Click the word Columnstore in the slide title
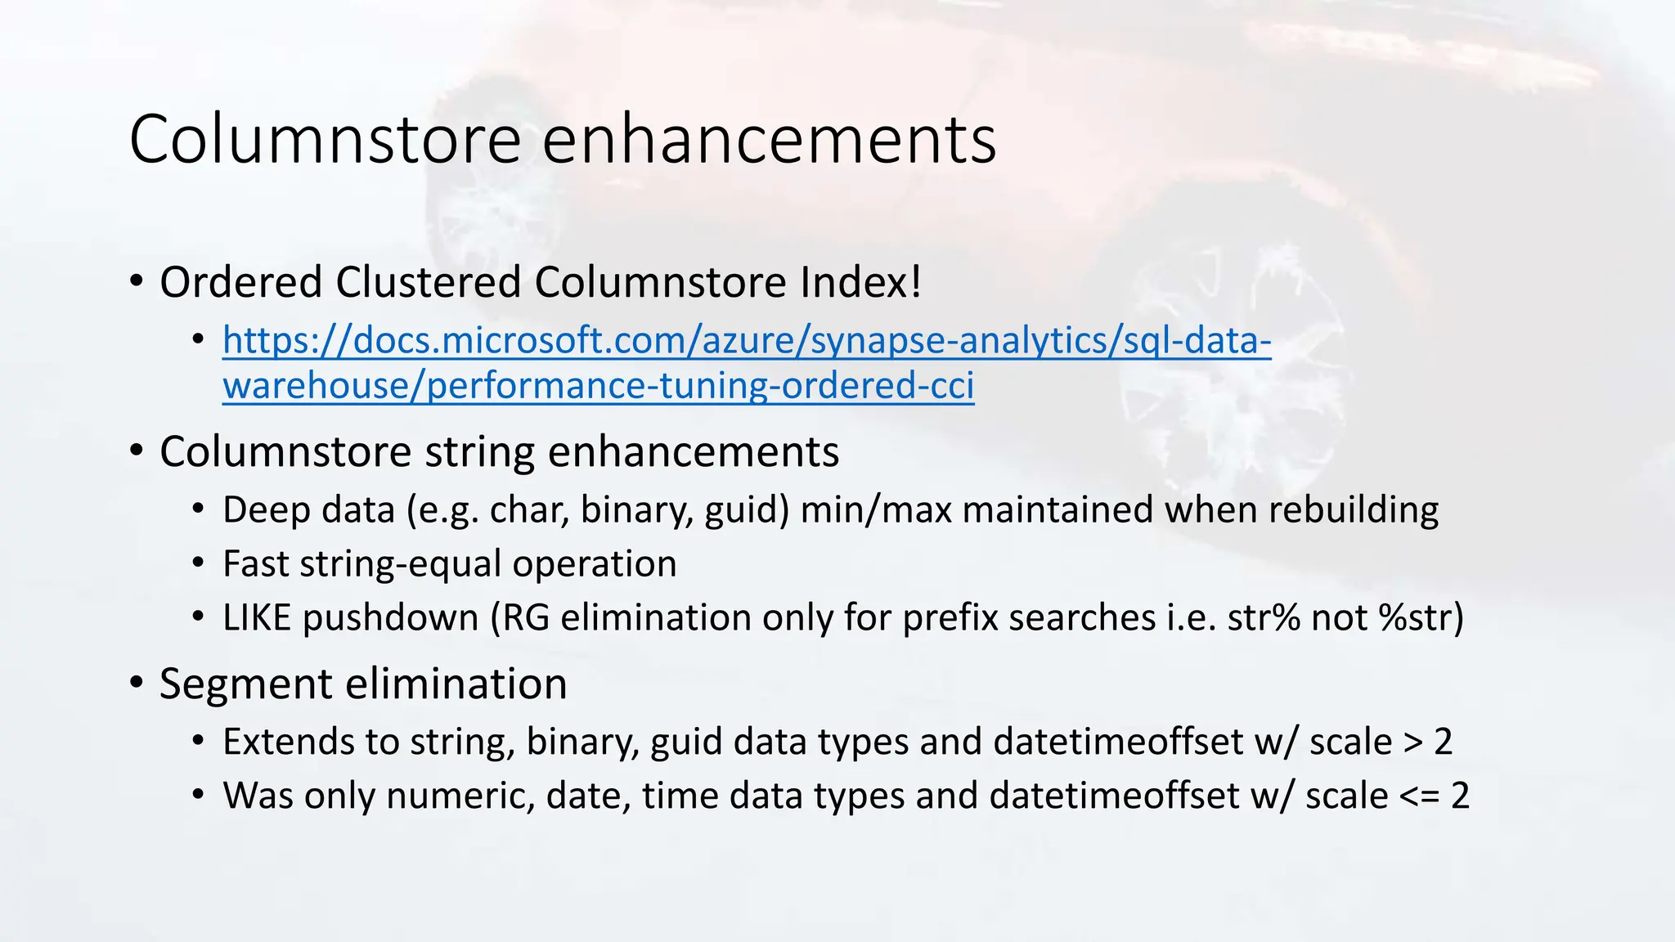click(x=326, y=139)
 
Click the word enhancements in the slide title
click(x=769, y=139)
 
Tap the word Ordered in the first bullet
click(x=241, y=283)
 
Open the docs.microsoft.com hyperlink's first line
click(x=746, y=341)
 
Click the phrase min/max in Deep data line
click(x=876, y=510)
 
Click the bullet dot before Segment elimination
click(x=137, y=683)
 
